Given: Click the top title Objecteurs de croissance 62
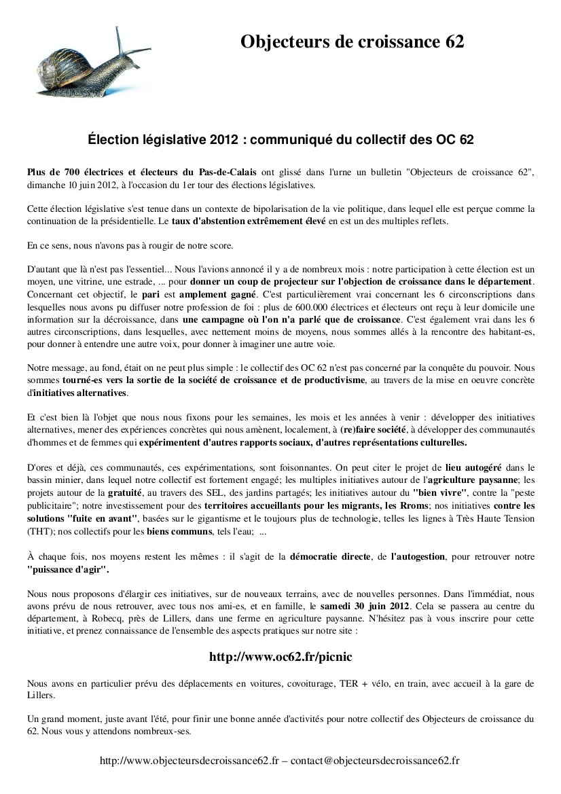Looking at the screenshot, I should [352, 42].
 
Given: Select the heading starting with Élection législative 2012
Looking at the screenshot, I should [280, 139].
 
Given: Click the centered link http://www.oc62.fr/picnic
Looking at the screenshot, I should [280, 657].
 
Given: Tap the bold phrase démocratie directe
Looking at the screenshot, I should [330, 557].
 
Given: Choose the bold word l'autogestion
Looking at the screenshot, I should [418, 557].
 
